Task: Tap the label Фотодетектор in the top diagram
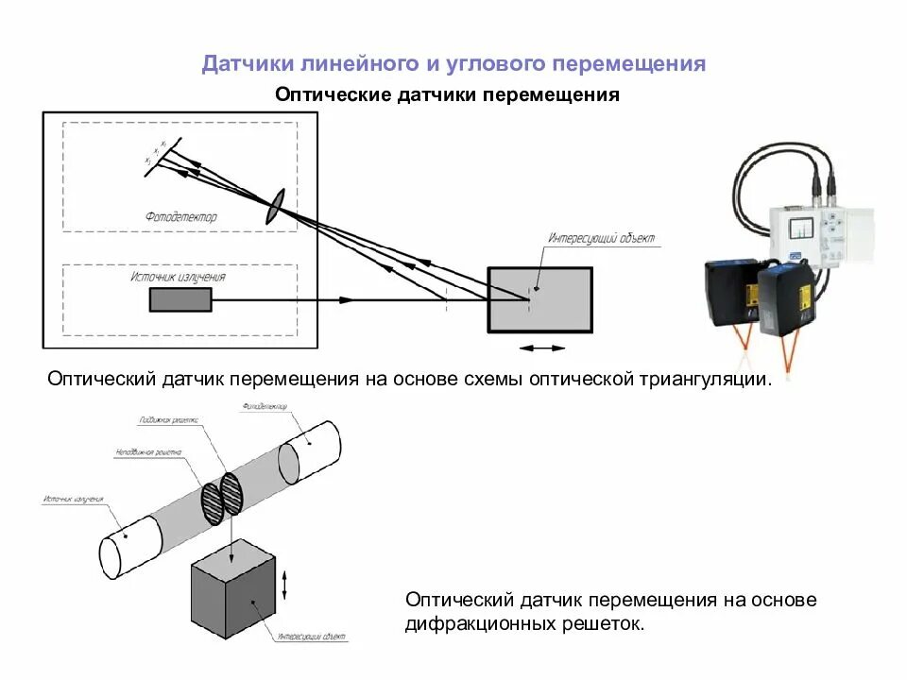(181, 217)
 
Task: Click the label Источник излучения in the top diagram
(178, 278)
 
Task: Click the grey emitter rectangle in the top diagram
(180, 299)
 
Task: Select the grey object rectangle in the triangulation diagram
(539, 300)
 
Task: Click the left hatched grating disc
(212, 502)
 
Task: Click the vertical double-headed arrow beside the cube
(285, 576)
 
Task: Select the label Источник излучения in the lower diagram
(73, 499)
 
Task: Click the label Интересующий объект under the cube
(313, 637)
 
